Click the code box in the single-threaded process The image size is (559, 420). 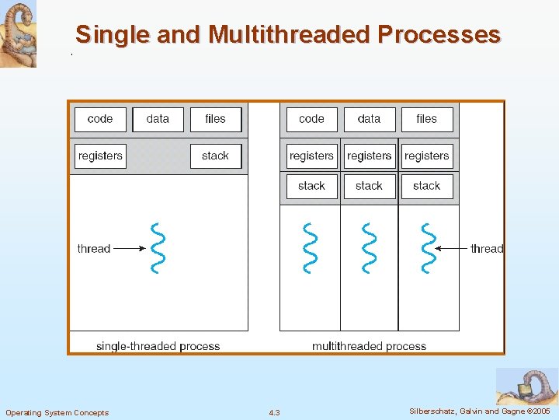click(x=100, y=119)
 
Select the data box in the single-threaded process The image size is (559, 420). click(x=158, y=119)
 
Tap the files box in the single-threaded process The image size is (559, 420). click(x=216, y=119)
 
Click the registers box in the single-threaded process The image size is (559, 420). click(x=100, y=156)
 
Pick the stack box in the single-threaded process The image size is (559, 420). click(x=216, y=156)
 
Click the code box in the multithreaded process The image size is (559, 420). click(x=311, y=119)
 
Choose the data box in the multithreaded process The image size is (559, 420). click(x=370, y=119)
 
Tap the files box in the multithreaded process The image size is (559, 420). click(x=427, y=119)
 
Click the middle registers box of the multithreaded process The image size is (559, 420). click(x=370, y=156)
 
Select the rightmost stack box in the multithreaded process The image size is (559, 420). click(x=427, y=186)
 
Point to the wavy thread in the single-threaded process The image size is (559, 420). click(x=158, y=248)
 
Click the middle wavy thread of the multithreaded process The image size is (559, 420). click(x=370, y=248)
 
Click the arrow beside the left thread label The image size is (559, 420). click(x=130, y=249)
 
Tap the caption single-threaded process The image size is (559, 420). click(x=158, y=346)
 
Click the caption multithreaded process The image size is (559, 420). click(x=370, y=346)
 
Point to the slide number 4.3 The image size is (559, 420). click(x=274, y=412)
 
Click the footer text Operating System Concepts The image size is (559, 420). click(x=57, y=412)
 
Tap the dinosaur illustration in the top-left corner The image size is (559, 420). click(x=18, y=33)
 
